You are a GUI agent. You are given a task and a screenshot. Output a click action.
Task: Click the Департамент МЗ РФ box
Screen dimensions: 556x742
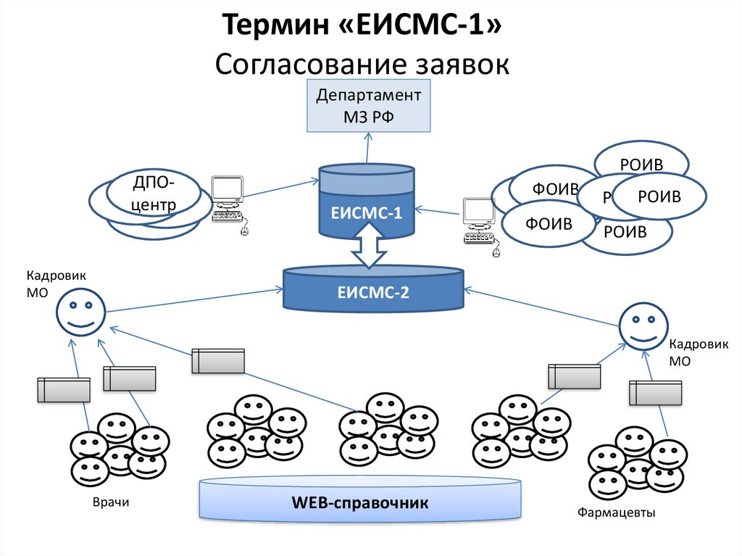pos(368,106)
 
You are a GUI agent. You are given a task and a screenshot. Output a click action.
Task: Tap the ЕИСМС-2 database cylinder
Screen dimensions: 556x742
pos(372,292)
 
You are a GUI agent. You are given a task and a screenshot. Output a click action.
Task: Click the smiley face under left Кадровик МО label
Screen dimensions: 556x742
pos(80,311)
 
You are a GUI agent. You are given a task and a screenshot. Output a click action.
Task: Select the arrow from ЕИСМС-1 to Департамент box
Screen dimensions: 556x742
pos(367,149)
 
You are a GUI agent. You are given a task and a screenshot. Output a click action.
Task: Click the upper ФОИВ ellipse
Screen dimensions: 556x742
pos(554,188)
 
